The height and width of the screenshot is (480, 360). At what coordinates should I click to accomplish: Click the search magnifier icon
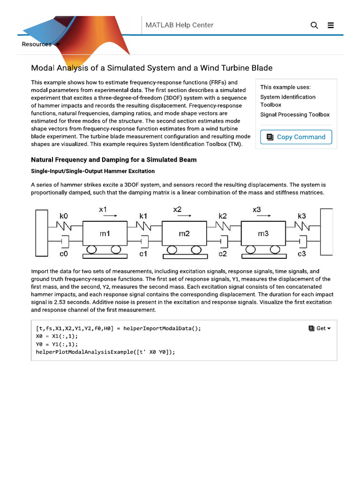point(314,25)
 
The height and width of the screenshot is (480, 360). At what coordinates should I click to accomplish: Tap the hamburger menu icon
point(331,25)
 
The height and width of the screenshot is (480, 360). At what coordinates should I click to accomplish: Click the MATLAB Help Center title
point(180,25)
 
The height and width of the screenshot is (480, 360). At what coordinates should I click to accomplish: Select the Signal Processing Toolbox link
point(295,114)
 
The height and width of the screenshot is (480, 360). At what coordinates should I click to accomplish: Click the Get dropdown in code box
point(320,329)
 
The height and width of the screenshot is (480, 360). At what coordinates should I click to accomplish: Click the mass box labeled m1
point(105,233)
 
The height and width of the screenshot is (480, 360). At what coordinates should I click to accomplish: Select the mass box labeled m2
point(184,233)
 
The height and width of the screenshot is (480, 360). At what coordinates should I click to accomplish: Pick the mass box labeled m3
point(263,233)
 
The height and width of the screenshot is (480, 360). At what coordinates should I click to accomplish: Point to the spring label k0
point(64,216)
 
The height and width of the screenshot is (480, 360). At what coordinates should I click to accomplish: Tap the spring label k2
point(223,216)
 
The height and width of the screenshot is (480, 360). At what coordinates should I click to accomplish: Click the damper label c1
point(143,254)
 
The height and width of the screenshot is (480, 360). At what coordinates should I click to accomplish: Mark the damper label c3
point(302,254)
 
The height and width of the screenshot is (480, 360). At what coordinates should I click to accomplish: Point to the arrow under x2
point(184,217)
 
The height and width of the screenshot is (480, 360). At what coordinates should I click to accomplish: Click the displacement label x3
point(256,210)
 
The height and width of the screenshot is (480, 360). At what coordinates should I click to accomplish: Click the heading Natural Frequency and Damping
point(113,160)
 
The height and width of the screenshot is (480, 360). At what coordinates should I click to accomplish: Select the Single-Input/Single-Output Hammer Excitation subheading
point(93,171)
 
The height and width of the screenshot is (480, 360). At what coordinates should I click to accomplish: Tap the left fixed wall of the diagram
point(41,232)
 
